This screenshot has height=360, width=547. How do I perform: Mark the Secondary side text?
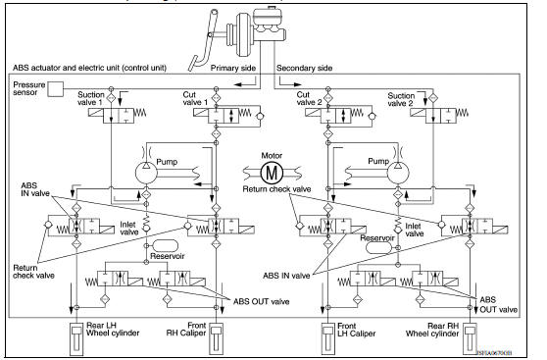(312, 69)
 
